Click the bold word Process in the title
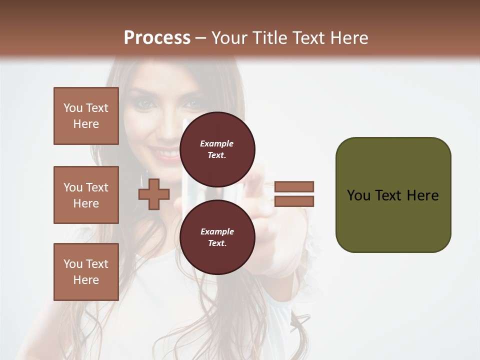tap(157, 38)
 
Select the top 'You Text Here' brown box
tap(86, 116)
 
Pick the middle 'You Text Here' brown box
tap(86, 195)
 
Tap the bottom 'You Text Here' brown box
tap(86, 272)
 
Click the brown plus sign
tap(153, 194)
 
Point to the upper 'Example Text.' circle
tap(217, 149)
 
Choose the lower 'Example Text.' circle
tap(217, 237)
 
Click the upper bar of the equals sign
tap(294, 187)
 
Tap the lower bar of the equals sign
tap(294, 201)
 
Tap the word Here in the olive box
tap(422, 195)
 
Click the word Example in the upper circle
tap(217, 143)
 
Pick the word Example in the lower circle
tap(217, 231)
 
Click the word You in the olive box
tap(359, 195)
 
